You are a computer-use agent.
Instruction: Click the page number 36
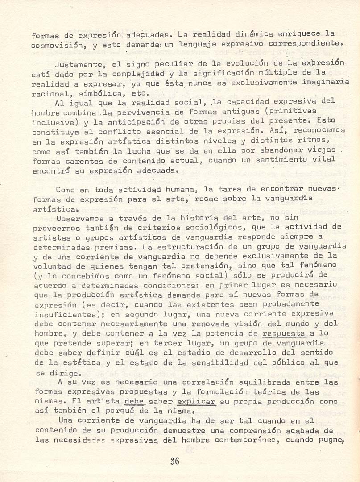click(x=174, y=461)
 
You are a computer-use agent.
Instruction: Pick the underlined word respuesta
click(x=284, y=333)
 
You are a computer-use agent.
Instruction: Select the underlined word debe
click(x=135, y=402)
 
